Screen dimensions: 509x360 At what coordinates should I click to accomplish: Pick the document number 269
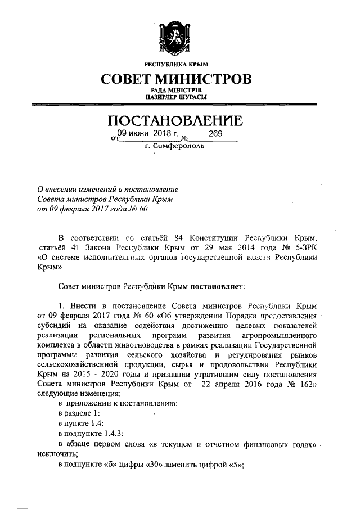[x=215, y=134]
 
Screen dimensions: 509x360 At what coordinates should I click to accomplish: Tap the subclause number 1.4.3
[x=110, y=433]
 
